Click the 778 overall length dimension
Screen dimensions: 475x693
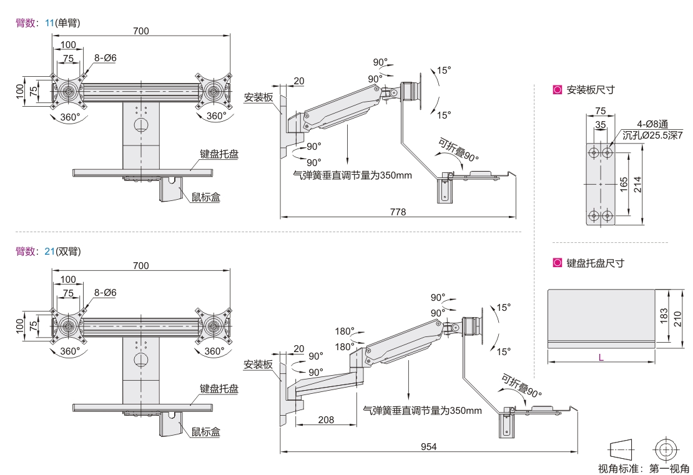click(398, 212)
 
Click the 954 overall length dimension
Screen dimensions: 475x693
click(428, 446)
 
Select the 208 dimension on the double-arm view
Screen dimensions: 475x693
click(325, 419)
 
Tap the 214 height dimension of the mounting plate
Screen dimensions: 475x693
click(637, 184)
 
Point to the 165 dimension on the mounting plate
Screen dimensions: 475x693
click(624, 184)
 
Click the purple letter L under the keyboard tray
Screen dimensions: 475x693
click(601, 358)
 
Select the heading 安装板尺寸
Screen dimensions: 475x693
click(590, 90)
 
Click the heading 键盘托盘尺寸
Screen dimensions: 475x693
click(595, 263)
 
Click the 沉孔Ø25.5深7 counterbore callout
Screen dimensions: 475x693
click(652, 135)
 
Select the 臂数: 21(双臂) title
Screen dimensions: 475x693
click(48, 252)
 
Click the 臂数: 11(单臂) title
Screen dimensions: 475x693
click(48, 22)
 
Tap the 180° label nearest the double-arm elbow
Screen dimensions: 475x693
click(345, 346)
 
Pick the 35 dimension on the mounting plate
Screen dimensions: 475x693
click(601, 125)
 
